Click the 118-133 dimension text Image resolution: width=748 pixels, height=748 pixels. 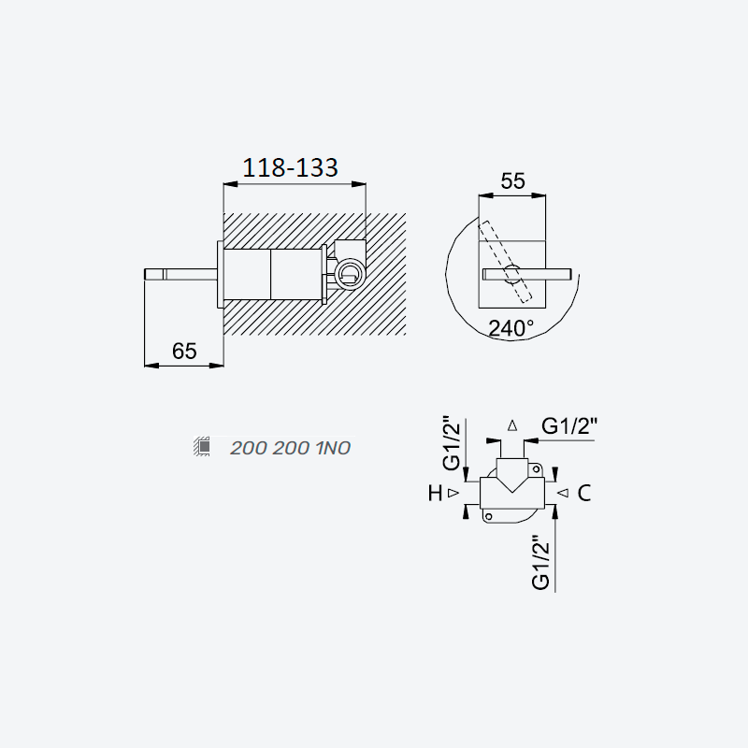click(290, 167)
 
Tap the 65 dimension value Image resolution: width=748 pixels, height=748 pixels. click(184, 352)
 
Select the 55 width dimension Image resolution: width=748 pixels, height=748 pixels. click(512, 180)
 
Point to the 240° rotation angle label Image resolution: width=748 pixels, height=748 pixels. click(511, 328)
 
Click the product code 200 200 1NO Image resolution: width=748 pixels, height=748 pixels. click(290, 448)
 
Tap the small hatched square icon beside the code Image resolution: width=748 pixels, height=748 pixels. click(203, 446)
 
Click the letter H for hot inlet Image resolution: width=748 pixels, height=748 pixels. click(435, 494)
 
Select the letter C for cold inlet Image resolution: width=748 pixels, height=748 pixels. click(583, 494)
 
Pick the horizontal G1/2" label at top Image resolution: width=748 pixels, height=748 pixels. click(569, 425)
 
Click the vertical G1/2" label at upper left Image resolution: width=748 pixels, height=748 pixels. click(452, 443)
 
